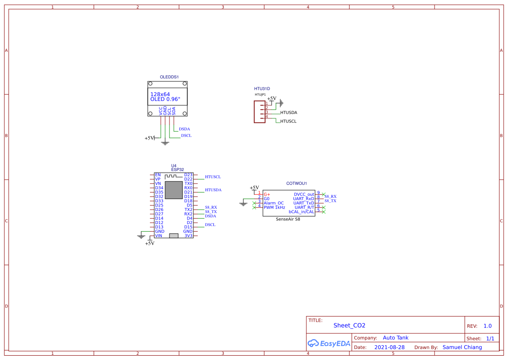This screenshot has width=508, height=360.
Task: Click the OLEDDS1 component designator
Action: click(169, 77)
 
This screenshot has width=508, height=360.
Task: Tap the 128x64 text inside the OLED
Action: click(160, 94)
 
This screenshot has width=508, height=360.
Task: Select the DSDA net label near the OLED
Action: click(184, 129)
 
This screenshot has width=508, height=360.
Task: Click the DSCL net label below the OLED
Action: click(186, 136)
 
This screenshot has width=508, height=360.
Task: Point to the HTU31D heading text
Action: click(262, 88)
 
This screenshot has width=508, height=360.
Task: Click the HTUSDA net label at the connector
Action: click(289, 113)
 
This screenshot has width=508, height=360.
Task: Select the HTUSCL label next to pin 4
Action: click(288, 121)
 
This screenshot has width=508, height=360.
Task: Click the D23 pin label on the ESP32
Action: click(188, 175)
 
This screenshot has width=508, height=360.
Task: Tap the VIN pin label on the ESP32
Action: click(159, 236)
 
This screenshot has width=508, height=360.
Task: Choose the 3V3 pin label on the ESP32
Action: click(188, 236)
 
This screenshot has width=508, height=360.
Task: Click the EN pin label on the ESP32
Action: click(158, 175)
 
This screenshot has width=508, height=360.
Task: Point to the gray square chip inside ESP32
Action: click(174, 190)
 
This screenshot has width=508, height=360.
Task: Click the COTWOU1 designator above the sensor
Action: click(297, 183)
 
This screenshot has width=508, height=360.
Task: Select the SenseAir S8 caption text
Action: click(288, 220)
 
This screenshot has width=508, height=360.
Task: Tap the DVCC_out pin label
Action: click(304, 194)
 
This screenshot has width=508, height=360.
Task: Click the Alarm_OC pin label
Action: click(274, 203)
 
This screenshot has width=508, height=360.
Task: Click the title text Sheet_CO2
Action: click(349, 326)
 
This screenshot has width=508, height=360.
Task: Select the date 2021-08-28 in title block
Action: click(389, 347)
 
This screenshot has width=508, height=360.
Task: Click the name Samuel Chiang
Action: click(462, 347)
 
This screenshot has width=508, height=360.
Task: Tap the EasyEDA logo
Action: click(329, 343)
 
